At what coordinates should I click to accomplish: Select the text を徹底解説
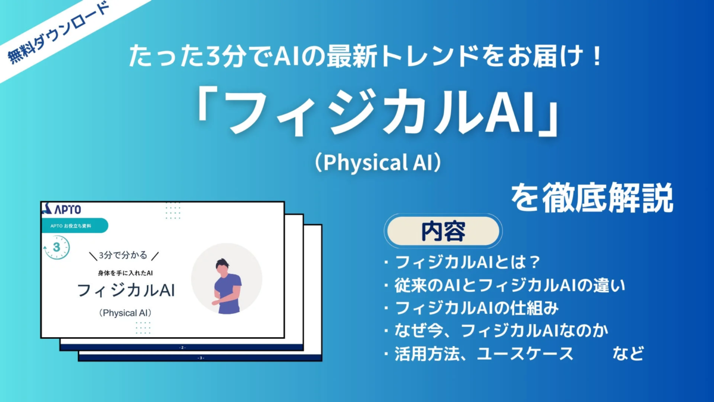click(592, 198)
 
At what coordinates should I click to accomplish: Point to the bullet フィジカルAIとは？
click(470, 262)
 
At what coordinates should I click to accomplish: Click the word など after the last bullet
click(628, 354)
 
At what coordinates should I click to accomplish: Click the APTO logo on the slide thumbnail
click(62, 209)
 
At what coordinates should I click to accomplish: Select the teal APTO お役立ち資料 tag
click(74, 226)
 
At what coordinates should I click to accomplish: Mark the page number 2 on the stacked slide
click(181, 346)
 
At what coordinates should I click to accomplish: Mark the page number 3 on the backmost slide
click(201, 358)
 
